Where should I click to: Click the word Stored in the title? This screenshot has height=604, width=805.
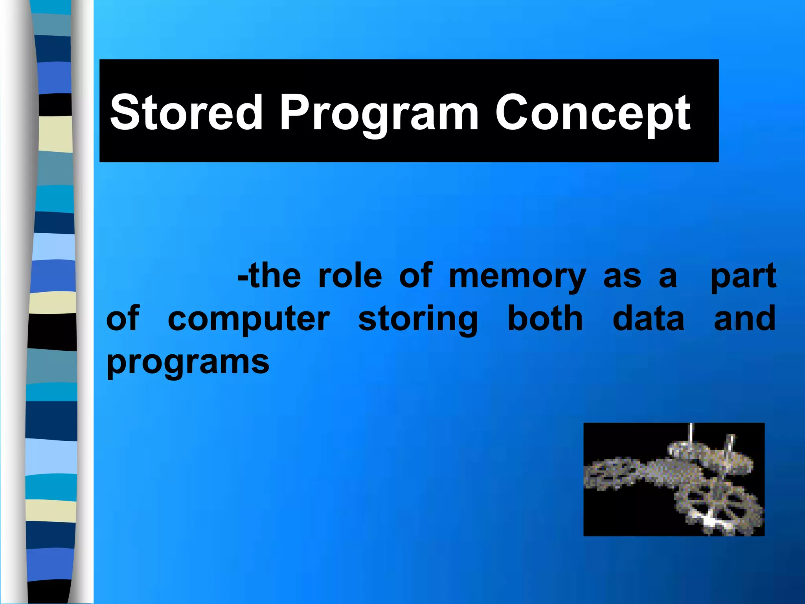[x=186, y=113]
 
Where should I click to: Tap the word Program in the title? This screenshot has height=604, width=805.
[x=379, y=114]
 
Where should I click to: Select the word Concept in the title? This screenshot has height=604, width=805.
[x=592, y=114]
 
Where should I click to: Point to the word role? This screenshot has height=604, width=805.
[x=350, y=276]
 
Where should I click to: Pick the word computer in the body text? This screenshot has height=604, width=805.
[x=248, y=319]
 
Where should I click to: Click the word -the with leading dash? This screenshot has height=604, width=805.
[x=269, y=276]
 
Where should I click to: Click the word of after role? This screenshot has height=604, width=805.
[x=415, y=276]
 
